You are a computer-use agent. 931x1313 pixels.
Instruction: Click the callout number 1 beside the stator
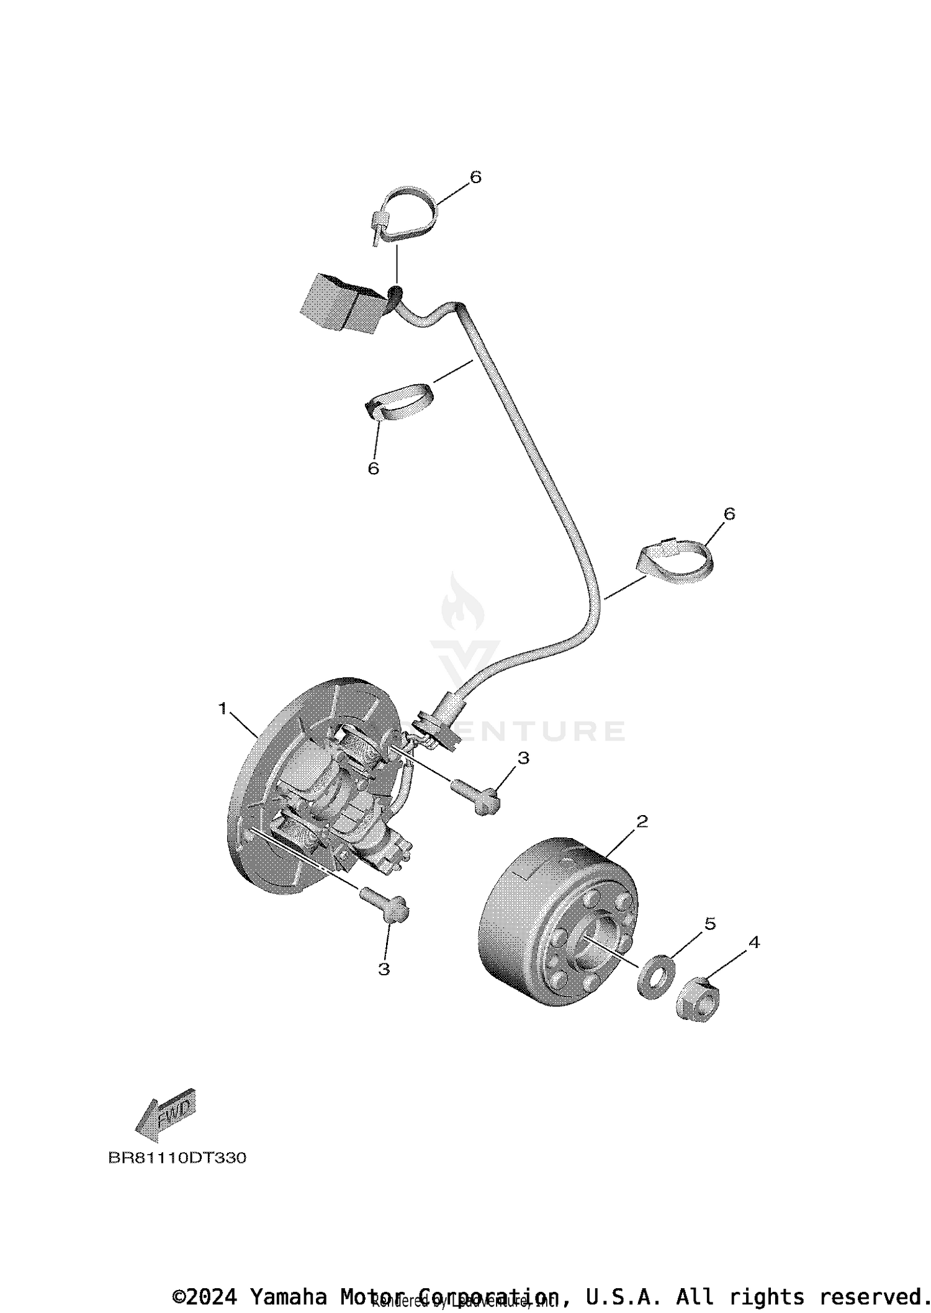click(x=223, y=708)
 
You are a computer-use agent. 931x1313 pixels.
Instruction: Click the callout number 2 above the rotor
click(x=642, y=821)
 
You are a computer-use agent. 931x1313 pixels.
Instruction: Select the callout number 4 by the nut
click(x=753, y=942)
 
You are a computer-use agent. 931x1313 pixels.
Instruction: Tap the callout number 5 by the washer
click(x=710, y=924)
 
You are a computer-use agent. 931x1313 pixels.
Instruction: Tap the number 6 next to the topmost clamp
click(x=475, y=178)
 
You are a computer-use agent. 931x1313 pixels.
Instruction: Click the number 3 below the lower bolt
click(x=384, y=969)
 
